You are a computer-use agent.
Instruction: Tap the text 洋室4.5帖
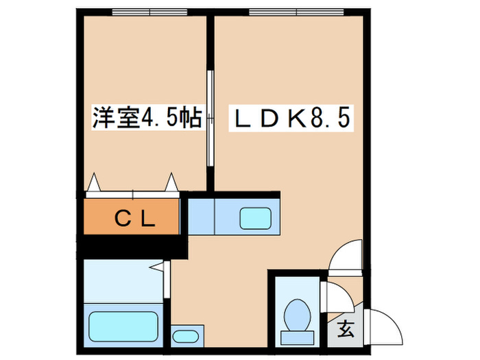tap(147, 118)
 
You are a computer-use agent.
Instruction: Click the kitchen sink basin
tap(256, 218)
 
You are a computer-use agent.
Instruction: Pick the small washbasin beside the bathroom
tap(184, 336)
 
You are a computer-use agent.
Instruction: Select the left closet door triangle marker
tap(94, 182)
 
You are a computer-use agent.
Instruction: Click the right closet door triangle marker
tap(171, 182)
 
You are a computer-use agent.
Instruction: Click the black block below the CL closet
tap(130, 246)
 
